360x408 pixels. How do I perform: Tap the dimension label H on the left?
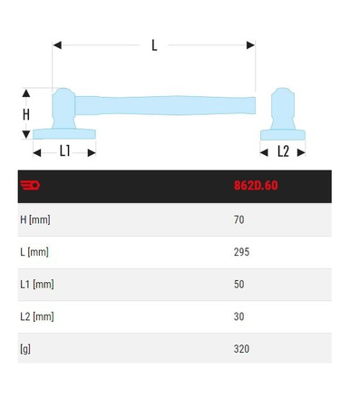pyautogui.click(x=26, y=114)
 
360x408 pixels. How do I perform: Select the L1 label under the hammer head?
pyautogui.click(x=65, y=151)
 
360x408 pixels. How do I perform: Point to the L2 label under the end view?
pyautogui.click(x=283, y=151)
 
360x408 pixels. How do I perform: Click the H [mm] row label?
pyautogui.click(x=35, y=219)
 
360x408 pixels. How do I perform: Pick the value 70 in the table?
pyautogui.click(x=239, y=219)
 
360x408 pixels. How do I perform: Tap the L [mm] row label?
pyautogui.click(x=34, y=252)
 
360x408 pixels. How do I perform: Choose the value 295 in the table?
pyautogui.click(x=241, y=252)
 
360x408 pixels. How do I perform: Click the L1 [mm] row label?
pyautogui.click(x=37, y=284)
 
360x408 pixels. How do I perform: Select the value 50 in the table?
pyautogui.click(x=239, y=284)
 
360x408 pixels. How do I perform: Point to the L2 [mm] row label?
pyautogui.click(x=37, y=316)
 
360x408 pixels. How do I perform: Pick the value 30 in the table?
pyautogui.click(x=239, y=316)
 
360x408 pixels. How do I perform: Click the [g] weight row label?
pyautogui.click(x=25, y=347)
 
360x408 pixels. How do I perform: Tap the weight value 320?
pyautogui.click(x=241, y=347)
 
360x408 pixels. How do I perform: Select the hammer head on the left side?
pyautogui.click(x=66, y=113)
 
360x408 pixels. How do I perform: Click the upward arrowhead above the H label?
pyautogui.click(x=26, y=92)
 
